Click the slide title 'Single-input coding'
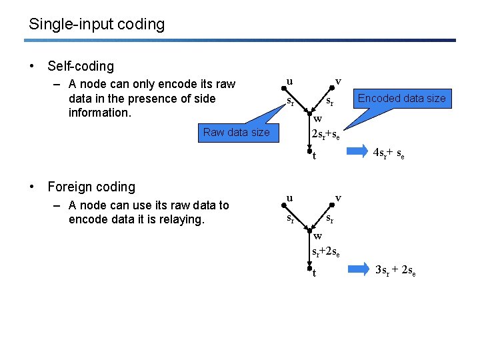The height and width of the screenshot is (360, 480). click(x=97, y=25)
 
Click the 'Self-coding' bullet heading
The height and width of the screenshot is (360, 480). click(x=81, y=66)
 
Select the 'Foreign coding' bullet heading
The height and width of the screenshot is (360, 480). click(x=91, y=187)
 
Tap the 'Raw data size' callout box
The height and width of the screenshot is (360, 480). click(x=237, y=132)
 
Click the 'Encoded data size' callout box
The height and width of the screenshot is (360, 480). click(x=401, y=98)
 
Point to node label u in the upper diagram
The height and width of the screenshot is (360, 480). click(x=289, y=81)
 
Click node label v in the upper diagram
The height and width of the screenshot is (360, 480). click(x=338, y=81)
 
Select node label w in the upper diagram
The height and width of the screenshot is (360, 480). click(x=318, y=119)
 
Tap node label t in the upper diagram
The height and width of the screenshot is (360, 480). click(x=313, y=157)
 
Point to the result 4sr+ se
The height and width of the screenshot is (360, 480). click(x=389, y=153)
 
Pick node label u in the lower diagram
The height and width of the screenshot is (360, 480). click(x=289, y=198)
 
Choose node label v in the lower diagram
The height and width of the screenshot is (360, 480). click(x=338, y=198)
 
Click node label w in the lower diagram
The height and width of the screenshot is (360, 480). click(x=318, y=235)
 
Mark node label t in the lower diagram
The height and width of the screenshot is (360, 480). click(x=313, y=273)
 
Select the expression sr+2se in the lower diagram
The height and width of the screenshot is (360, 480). click(x=327, y=252)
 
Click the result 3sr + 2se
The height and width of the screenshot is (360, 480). click(x=395, y=270)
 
